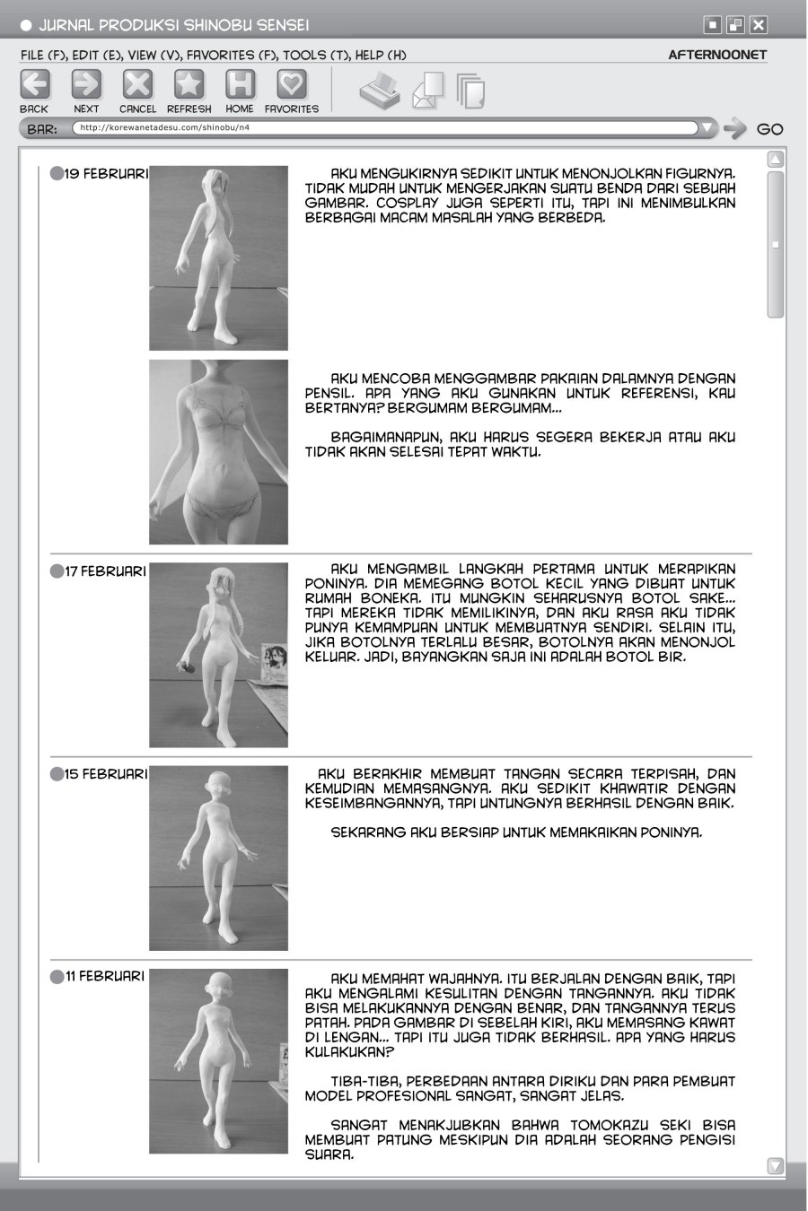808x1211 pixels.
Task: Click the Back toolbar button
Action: coord(34,85)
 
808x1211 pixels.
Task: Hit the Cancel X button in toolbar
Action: coord(137,85)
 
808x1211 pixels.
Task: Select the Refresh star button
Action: coord(189,85)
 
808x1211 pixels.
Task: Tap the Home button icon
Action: coord(240,85)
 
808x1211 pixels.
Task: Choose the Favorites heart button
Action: coord(291,85)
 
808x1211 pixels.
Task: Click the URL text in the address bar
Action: coord(164,127)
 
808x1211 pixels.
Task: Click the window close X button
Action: coord(759,25)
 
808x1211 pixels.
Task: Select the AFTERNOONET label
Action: coord(717,55)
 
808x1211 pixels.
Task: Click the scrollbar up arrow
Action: coord(776,160)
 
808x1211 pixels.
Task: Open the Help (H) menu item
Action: coord(381,55)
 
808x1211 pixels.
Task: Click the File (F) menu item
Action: coord(43,55)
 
